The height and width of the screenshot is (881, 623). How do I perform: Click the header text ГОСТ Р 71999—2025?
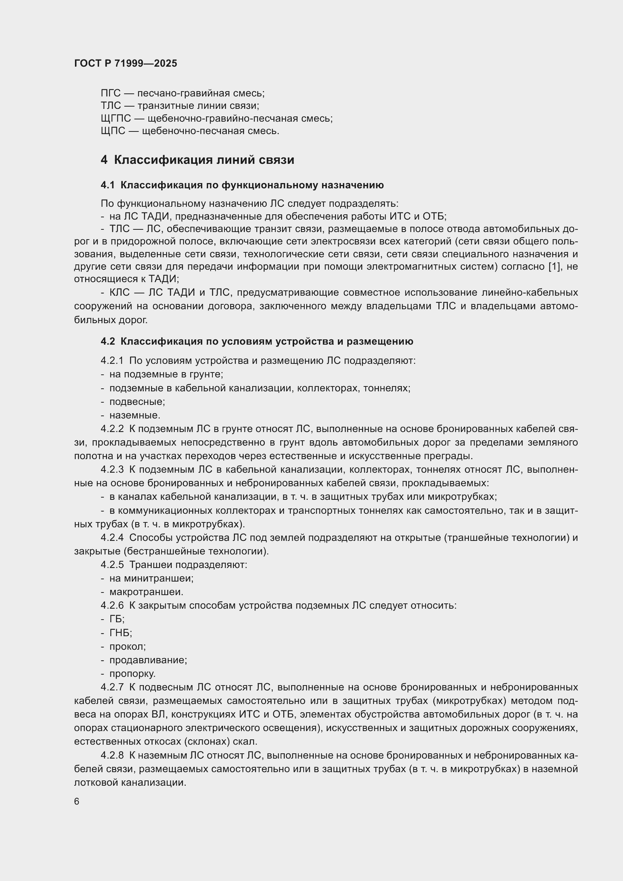[125, 63]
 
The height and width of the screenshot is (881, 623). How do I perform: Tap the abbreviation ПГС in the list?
[110, 93]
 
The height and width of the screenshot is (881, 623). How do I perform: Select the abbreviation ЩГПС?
[116, 119]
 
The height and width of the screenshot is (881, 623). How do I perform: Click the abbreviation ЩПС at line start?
[113, 131]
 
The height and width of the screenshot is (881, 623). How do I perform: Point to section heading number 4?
[104, 160]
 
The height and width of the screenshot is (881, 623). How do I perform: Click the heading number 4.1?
[108, 185]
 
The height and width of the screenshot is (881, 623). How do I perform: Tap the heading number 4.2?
[108, 342]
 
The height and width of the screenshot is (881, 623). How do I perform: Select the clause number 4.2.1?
[112, 361]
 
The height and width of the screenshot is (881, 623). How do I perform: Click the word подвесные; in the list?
[137, 402]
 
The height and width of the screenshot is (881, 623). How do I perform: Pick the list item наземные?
[134, 415]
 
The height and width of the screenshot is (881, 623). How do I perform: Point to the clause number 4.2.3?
[112, 470]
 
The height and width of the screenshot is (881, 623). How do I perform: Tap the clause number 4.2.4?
[112, 537]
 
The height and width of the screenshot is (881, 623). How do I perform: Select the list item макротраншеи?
[146, 592]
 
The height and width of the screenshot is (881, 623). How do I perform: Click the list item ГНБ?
[121, 633]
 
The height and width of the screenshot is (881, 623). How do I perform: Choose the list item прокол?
[127, 647]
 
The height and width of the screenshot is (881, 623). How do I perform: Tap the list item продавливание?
[148, 660]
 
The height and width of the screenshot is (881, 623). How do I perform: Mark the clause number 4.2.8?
[112, 756]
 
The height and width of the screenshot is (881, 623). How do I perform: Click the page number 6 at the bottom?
[77, 802]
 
